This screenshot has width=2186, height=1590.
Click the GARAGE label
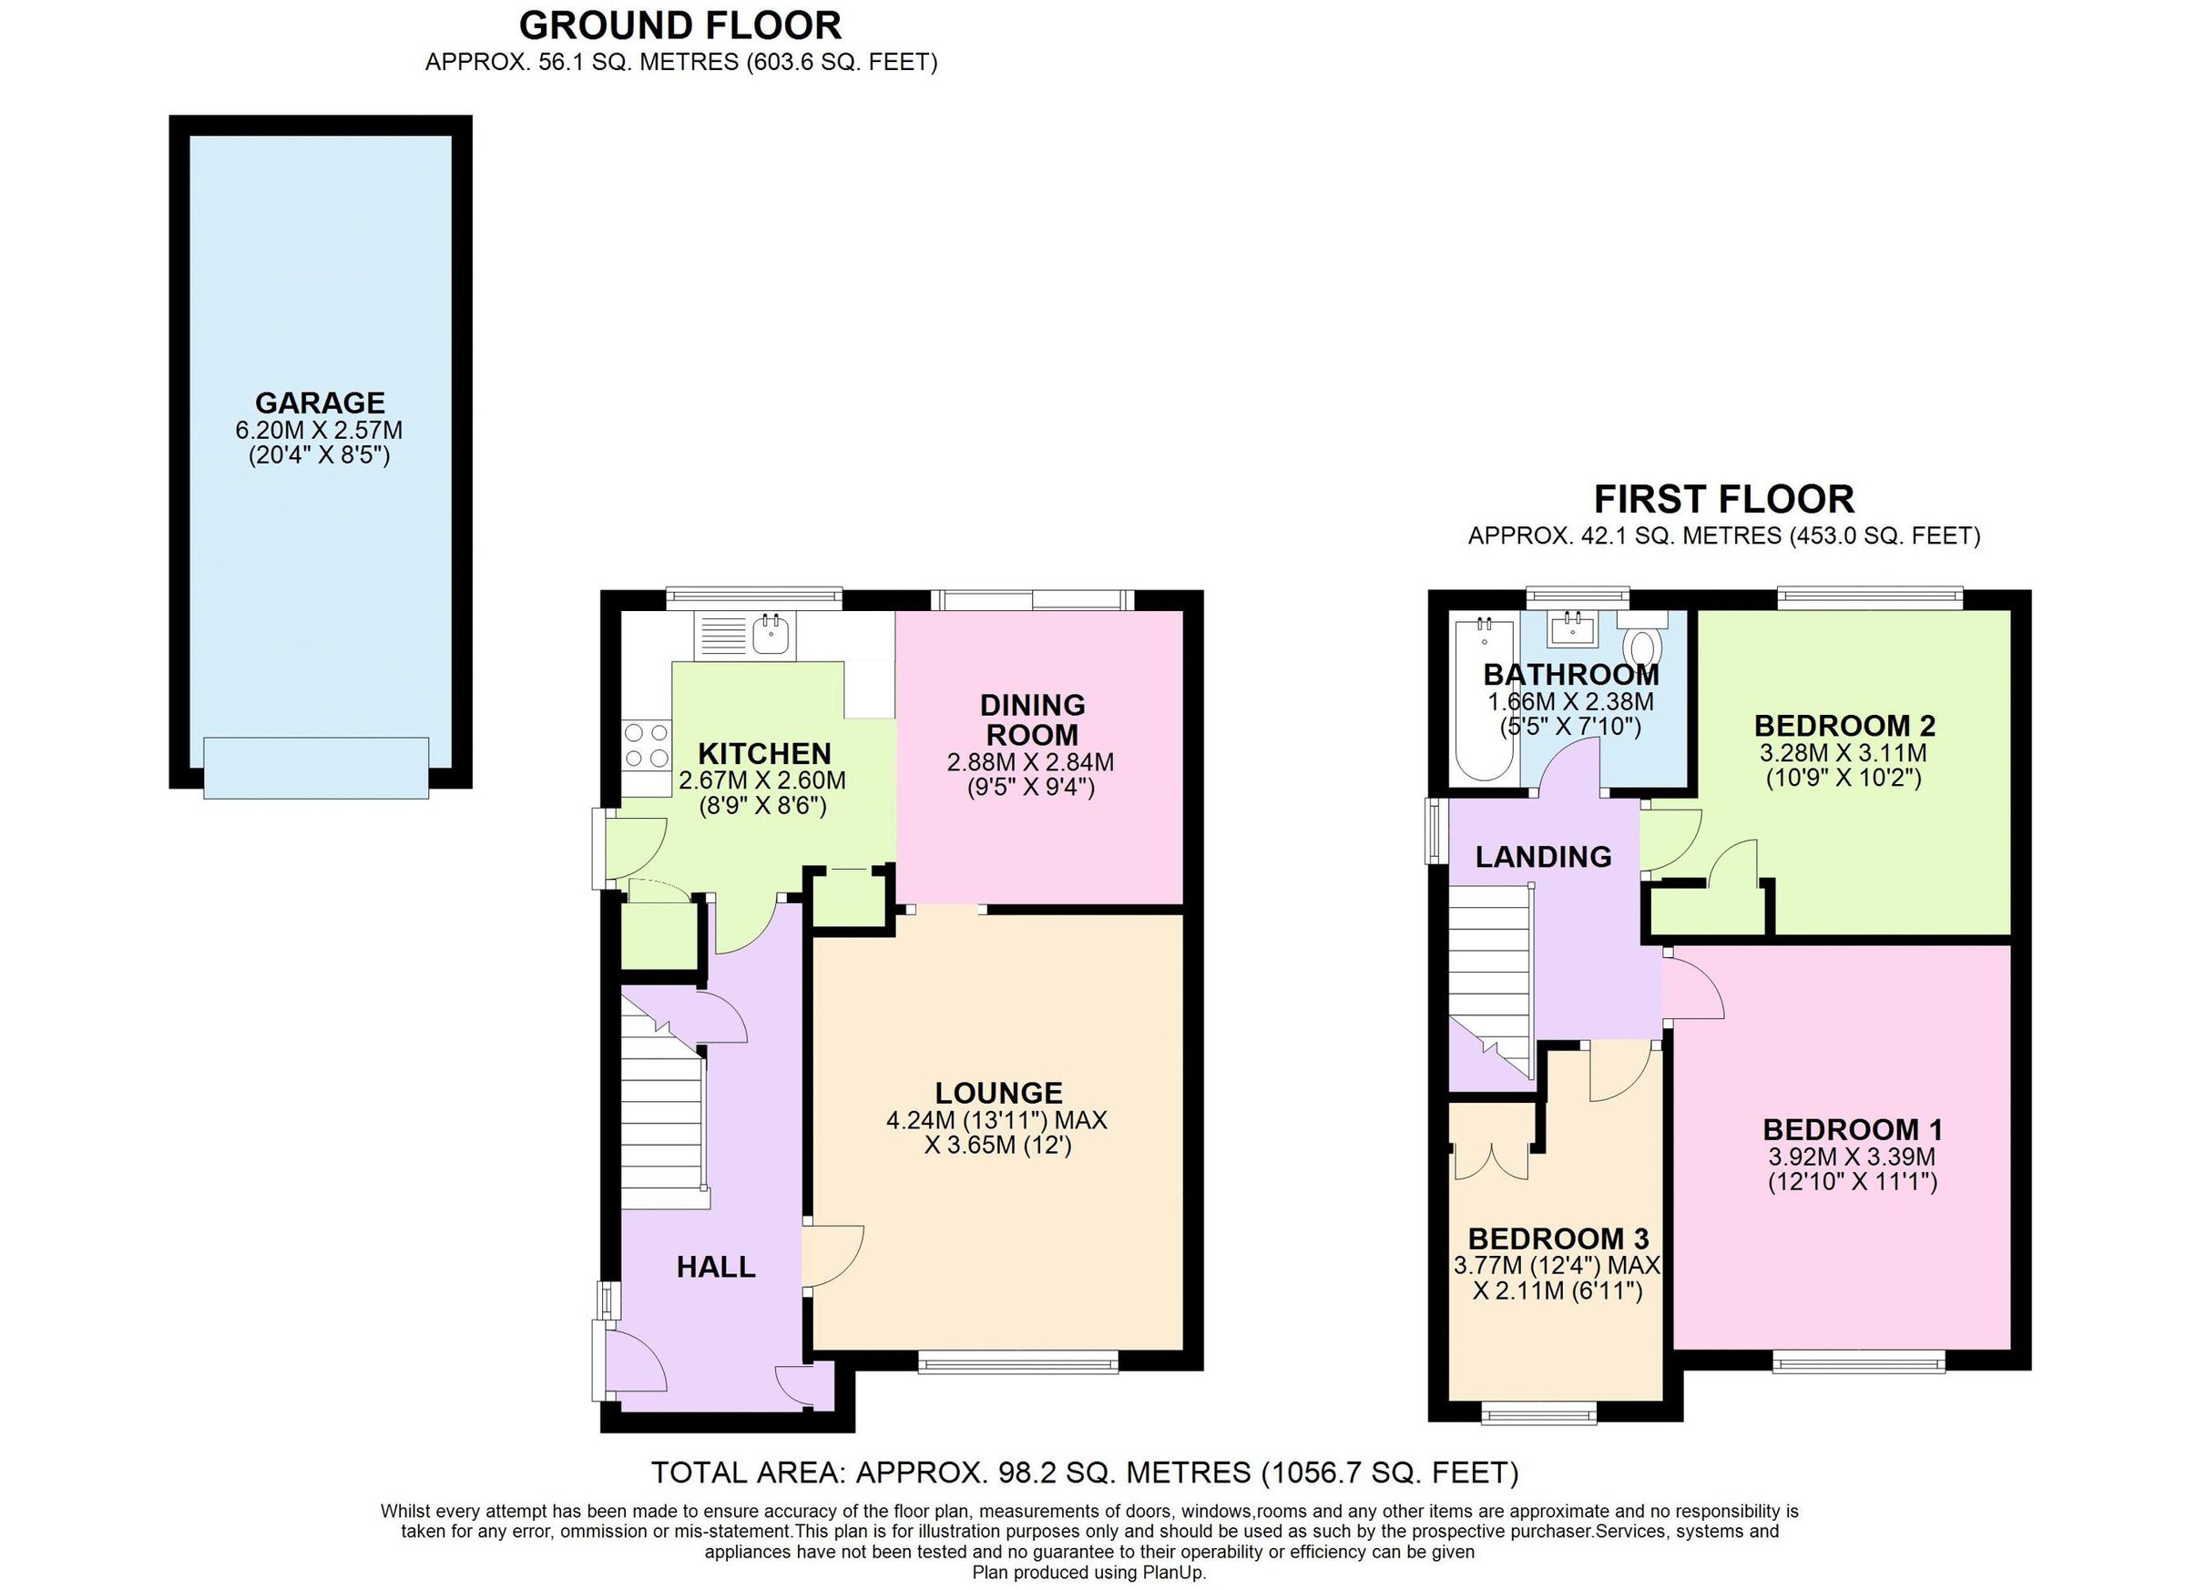click(319, 402)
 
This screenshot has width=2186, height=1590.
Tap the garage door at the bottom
click(316, 767)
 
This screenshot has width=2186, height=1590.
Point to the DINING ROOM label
click(1032, 719)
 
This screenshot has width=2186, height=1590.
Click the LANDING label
click(1543, 857)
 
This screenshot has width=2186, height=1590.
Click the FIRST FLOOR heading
click(1723, 499)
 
